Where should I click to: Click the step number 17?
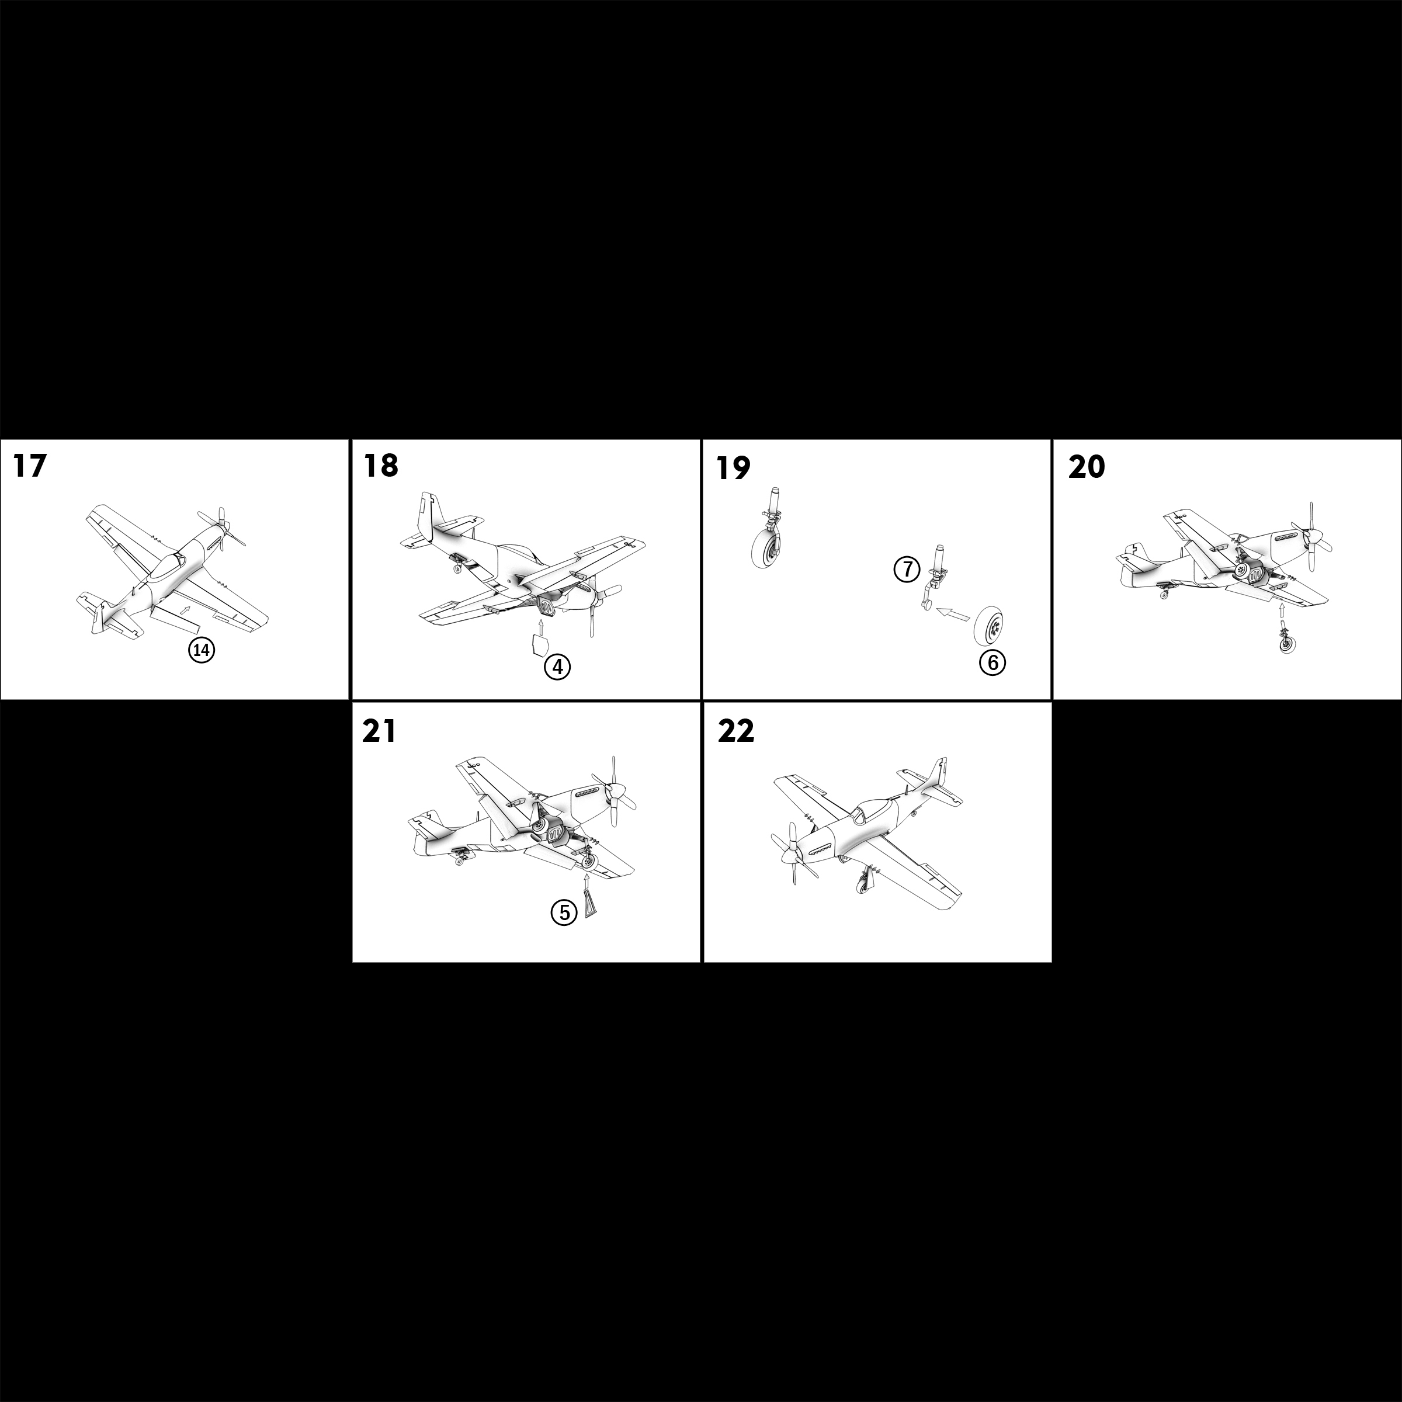[x=30, y=466]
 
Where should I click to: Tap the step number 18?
[x=381, y=466]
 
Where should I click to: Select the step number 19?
[x=733, y=468]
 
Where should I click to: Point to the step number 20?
[x=1087, y=468]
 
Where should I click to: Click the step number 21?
[x=380, y=732]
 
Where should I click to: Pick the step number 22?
[x=736, y=732]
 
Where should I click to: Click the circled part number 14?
[x=202, y=651]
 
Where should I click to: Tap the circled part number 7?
[x=907, y=570]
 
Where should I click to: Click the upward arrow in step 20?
[x=1283, y=614]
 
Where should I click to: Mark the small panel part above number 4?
[x=537, y=644]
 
